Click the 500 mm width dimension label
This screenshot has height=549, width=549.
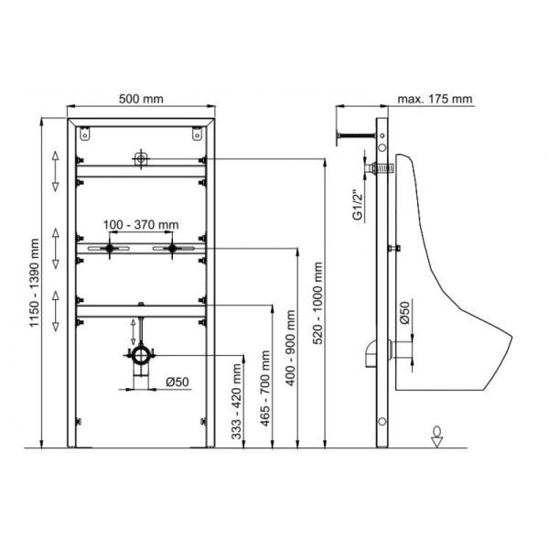tap(141, 99)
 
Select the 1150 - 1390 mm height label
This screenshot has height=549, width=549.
tap(35, 283)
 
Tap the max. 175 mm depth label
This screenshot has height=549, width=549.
tap(435, 99)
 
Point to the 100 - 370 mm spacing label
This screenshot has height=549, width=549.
tap(141, 224)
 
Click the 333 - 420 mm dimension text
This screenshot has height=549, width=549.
tap(237, 402)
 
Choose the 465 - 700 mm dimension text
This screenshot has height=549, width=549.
tap(265, 388)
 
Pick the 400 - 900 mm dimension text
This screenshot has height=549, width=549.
tap(291, 348)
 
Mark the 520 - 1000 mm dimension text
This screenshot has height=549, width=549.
tap(318, 303)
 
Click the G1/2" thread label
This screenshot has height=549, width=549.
tap(358, 205)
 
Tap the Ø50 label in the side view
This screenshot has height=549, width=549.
tap(404, 313)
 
